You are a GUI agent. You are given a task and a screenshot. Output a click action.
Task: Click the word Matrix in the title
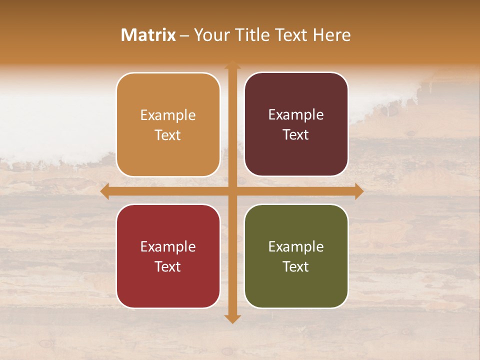tap(148, 35)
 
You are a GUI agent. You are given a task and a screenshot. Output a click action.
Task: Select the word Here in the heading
tap(331, 35)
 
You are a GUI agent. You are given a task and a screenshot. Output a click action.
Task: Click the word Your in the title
tap(210, 35)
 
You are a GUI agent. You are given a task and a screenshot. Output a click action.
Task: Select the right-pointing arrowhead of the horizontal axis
tap(358, 191)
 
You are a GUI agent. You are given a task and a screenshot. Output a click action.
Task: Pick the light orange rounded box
tap(168, 124)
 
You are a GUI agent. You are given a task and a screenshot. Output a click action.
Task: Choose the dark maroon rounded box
tap(296, 124)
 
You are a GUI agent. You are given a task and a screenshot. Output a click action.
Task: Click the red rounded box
tap(168, 256)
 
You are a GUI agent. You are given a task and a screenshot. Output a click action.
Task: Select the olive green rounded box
tap(296, 256)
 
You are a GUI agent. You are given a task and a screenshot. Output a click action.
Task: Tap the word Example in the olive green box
tap(296, 246)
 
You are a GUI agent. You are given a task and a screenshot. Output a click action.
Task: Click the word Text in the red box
tap(168, 266)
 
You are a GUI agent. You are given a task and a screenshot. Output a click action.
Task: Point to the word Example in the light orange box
tap(168, 115)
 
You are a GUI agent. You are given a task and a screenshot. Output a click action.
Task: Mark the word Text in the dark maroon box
tap(296, 135)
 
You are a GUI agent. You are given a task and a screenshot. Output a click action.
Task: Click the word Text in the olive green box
tap(296, 266)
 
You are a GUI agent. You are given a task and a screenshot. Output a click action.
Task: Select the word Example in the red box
tap(168, 246)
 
